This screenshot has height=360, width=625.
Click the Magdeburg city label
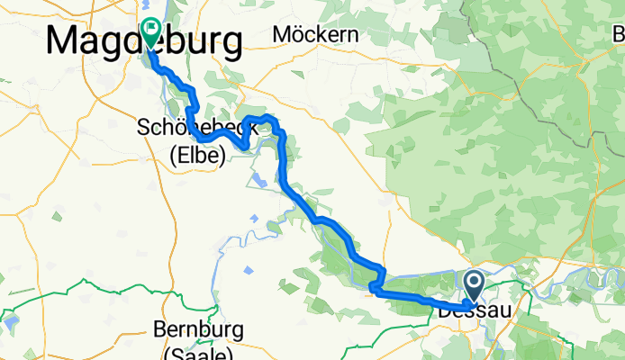click(144, 40)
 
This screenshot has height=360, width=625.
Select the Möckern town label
click(315, 35)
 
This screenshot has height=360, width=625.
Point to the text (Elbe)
click(197, 154)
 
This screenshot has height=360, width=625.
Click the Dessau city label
click(475, 311)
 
